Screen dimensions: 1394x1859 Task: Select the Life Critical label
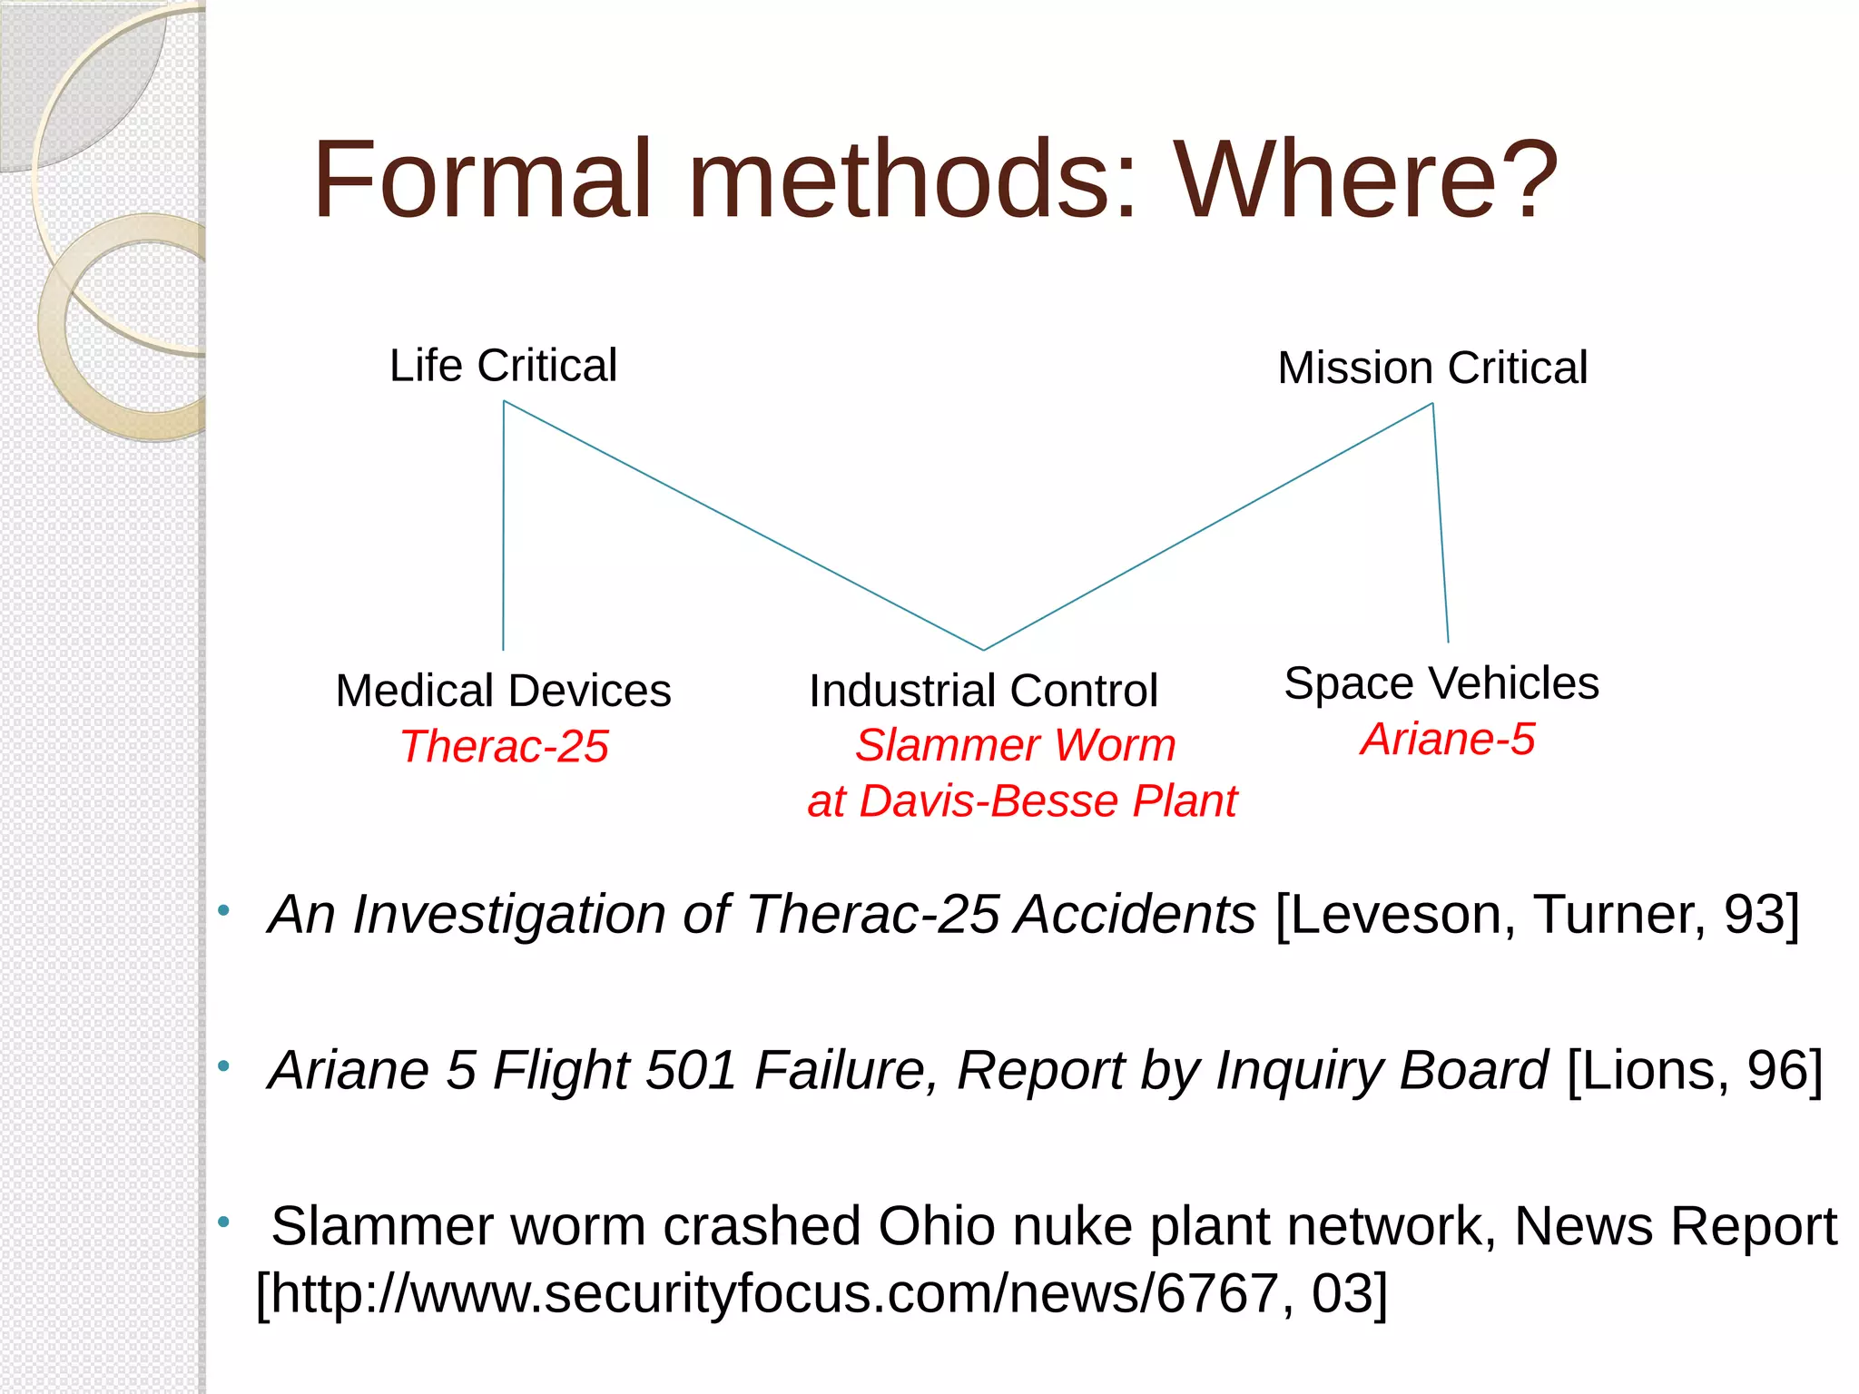point(503,366)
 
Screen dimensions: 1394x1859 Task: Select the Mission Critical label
point(1432,368)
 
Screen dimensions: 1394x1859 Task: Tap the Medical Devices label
point(503,691)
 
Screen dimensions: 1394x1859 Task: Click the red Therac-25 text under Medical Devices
point(504,747)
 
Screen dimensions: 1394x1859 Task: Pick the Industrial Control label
point(983,691)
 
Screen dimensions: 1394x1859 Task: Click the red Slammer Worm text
point(1015,746)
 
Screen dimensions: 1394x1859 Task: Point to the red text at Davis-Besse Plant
point(1022,801)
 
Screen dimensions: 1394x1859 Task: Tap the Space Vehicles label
point(1441,683)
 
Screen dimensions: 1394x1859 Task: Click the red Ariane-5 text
point(1447,739)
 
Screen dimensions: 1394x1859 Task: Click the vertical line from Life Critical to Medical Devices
point(504,526)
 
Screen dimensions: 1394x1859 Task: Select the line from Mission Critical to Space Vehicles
point(1441,523)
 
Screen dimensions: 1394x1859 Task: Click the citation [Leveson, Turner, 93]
point(1537,915)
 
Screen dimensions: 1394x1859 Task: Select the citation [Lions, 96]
point(1695,1071)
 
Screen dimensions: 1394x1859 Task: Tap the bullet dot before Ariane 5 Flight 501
point(223,1065)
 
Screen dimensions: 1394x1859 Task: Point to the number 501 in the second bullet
point(690,1071)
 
